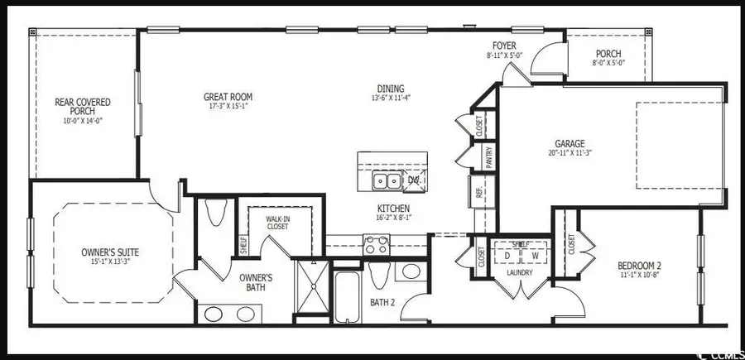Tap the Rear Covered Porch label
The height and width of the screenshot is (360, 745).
coord(83,103)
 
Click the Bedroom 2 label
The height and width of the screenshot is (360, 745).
coord(640,265)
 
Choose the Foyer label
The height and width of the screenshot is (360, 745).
coord(504,46)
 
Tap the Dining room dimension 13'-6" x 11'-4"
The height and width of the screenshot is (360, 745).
coord(392,98)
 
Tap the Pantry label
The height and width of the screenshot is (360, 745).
coord(489,157)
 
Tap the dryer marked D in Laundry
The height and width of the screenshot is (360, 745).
coord(508,255)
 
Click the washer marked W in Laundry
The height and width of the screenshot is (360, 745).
coord(534,255)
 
